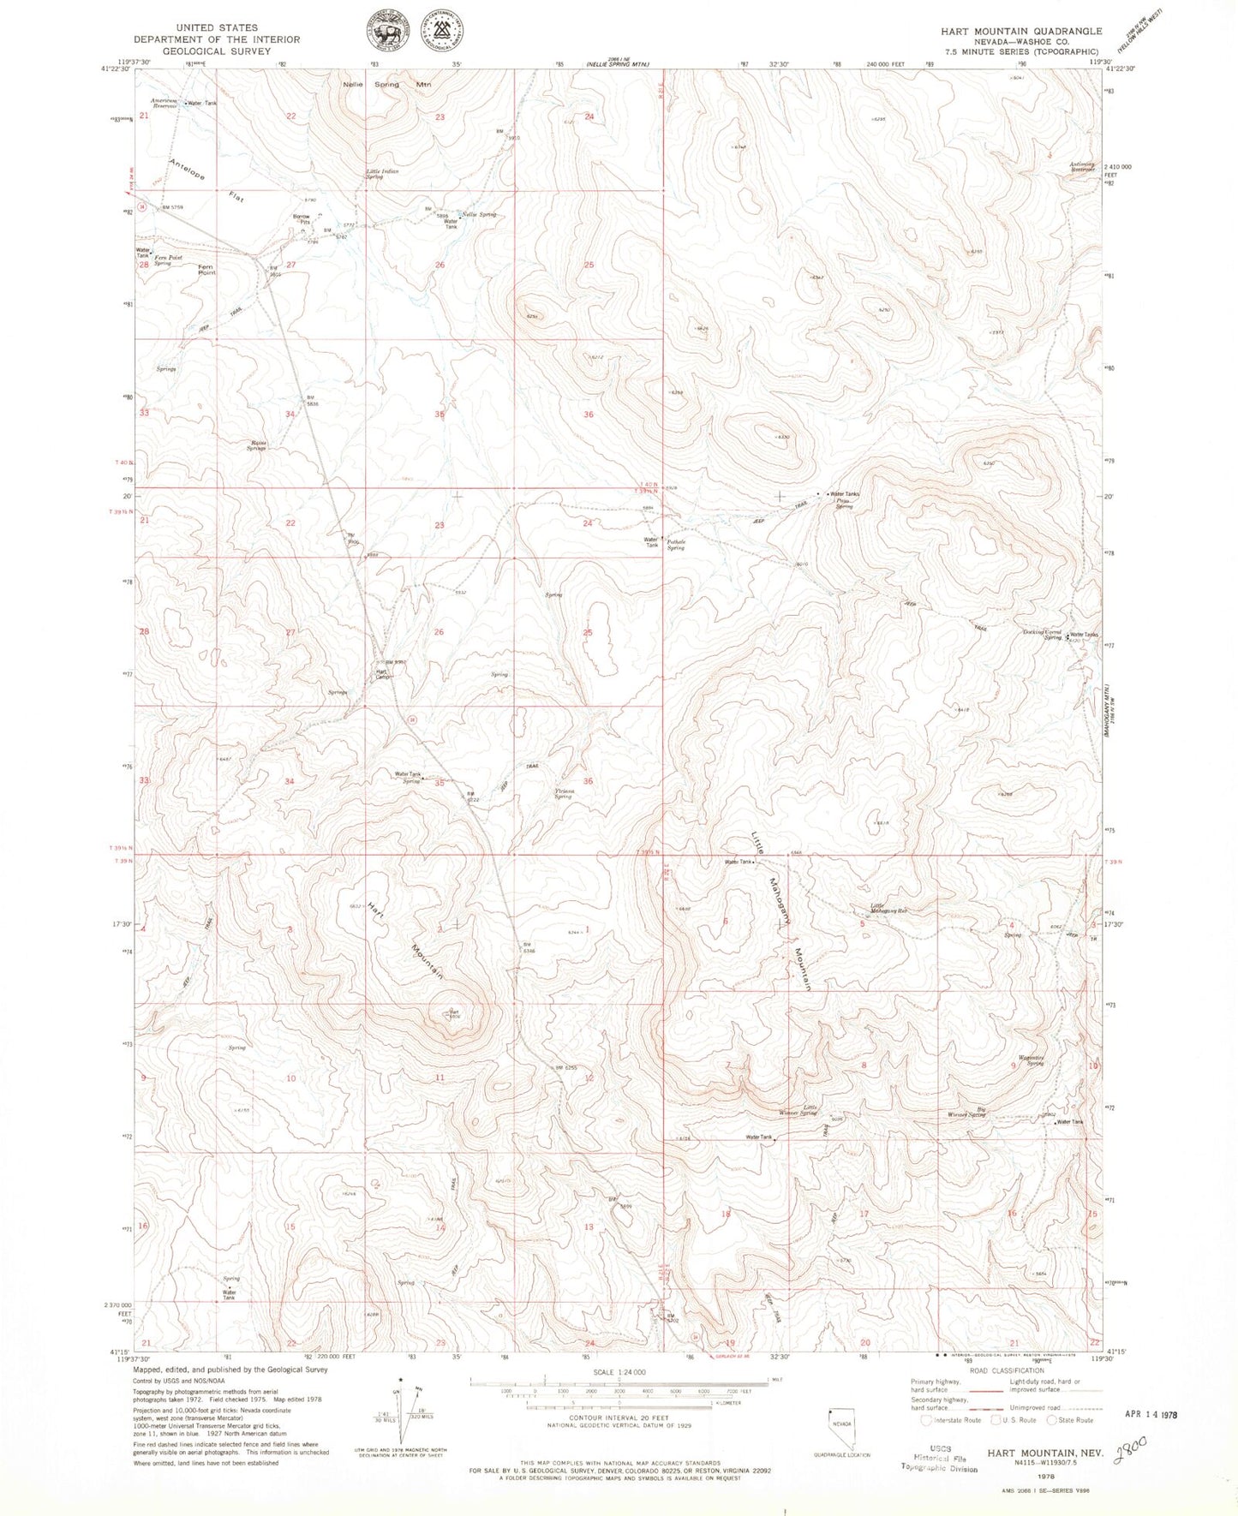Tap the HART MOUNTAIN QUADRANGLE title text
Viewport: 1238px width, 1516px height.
(x=1020, y=32)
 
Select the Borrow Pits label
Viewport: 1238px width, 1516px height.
(x=301, y=218)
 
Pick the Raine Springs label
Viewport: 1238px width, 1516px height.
(x=256, y=445)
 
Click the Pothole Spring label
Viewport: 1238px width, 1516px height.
(x=675, y=544)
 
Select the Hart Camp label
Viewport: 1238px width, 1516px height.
(x=383, y=674)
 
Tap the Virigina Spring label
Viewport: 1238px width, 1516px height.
(x=563, y=794)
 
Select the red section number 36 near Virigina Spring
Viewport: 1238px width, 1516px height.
(x=588, y=781)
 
